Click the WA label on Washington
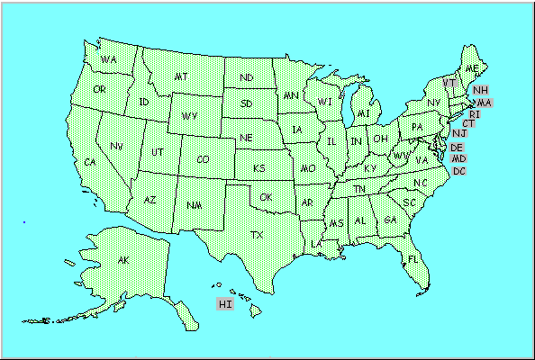click(109, 59)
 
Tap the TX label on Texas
click(258, 235)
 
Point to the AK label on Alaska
click(122, 260)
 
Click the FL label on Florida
click(413, 258)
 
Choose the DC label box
click(459, 171)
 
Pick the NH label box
click(480, 90)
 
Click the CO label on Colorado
click(204, 159)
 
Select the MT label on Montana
click(180, 76)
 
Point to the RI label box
click(475, 114)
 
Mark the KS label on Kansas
click(258, 168)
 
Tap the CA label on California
click(89, 162)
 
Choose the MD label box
click(458, 158)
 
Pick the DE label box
click(457, 147)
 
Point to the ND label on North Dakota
click(246, 76)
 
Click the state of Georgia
click(389, 220)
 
